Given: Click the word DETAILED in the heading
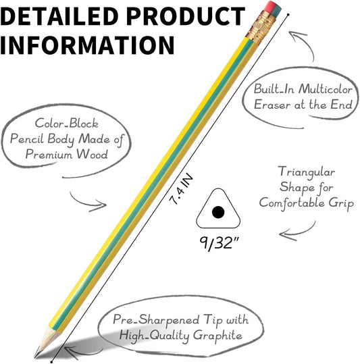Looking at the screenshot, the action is [59, 16].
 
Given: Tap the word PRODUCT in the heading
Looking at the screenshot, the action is [186, 16].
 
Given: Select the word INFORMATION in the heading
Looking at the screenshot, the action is [87, 45].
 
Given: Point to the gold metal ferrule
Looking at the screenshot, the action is [261, 28].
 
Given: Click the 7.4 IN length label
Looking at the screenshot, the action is [181, 189].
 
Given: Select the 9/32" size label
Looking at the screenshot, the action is [219, 243].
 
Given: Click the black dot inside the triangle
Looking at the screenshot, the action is [218, 212].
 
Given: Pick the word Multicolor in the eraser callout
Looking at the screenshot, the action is [326, 89].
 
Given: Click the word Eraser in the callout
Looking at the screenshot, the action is [272, 105].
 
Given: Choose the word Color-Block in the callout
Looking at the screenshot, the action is [67, 124].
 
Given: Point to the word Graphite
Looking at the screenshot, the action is [217, 336].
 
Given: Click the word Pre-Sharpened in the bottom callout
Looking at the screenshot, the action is [156, 319].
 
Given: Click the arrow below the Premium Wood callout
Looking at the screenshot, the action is [87, 202].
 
